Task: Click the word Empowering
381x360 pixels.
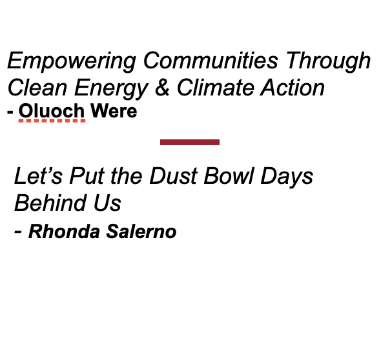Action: (72, 61)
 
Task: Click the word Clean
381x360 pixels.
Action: (36, 87)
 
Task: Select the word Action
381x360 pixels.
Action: (293, 87)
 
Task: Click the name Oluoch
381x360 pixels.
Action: (52, 111)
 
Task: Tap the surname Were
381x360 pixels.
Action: (114, 111)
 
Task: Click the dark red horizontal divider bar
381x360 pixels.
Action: (190, 142)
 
